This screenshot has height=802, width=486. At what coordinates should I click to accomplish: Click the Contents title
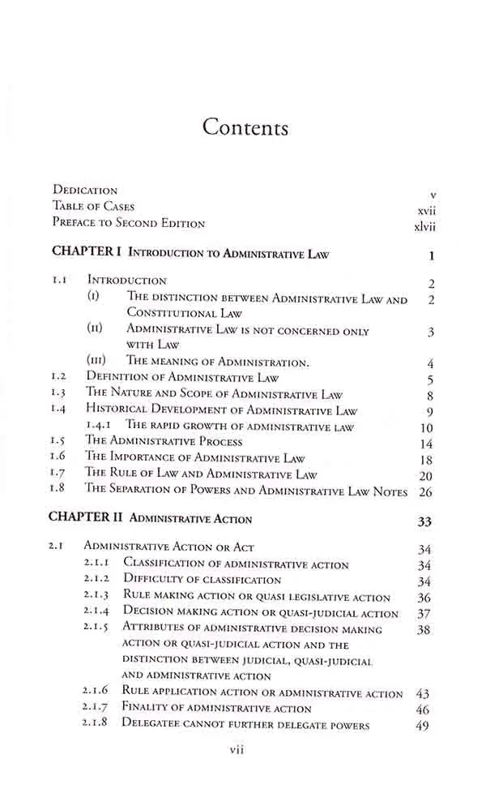(x=245, y=127)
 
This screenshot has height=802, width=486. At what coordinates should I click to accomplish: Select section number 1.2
(x=58, y=377)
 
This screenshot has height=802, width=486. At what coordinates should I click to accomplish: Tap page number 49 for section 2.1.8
(x=422, y=726)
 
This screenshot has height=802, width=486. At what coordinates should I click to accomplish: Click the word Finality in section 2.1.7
(x=144, y=708)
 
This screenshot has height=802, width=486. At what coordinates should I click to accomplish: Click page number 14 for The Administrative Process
(x=427, y=444)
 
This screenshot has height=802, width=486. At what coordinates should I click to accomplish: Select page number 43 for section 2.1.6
(x=422, y=694)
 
